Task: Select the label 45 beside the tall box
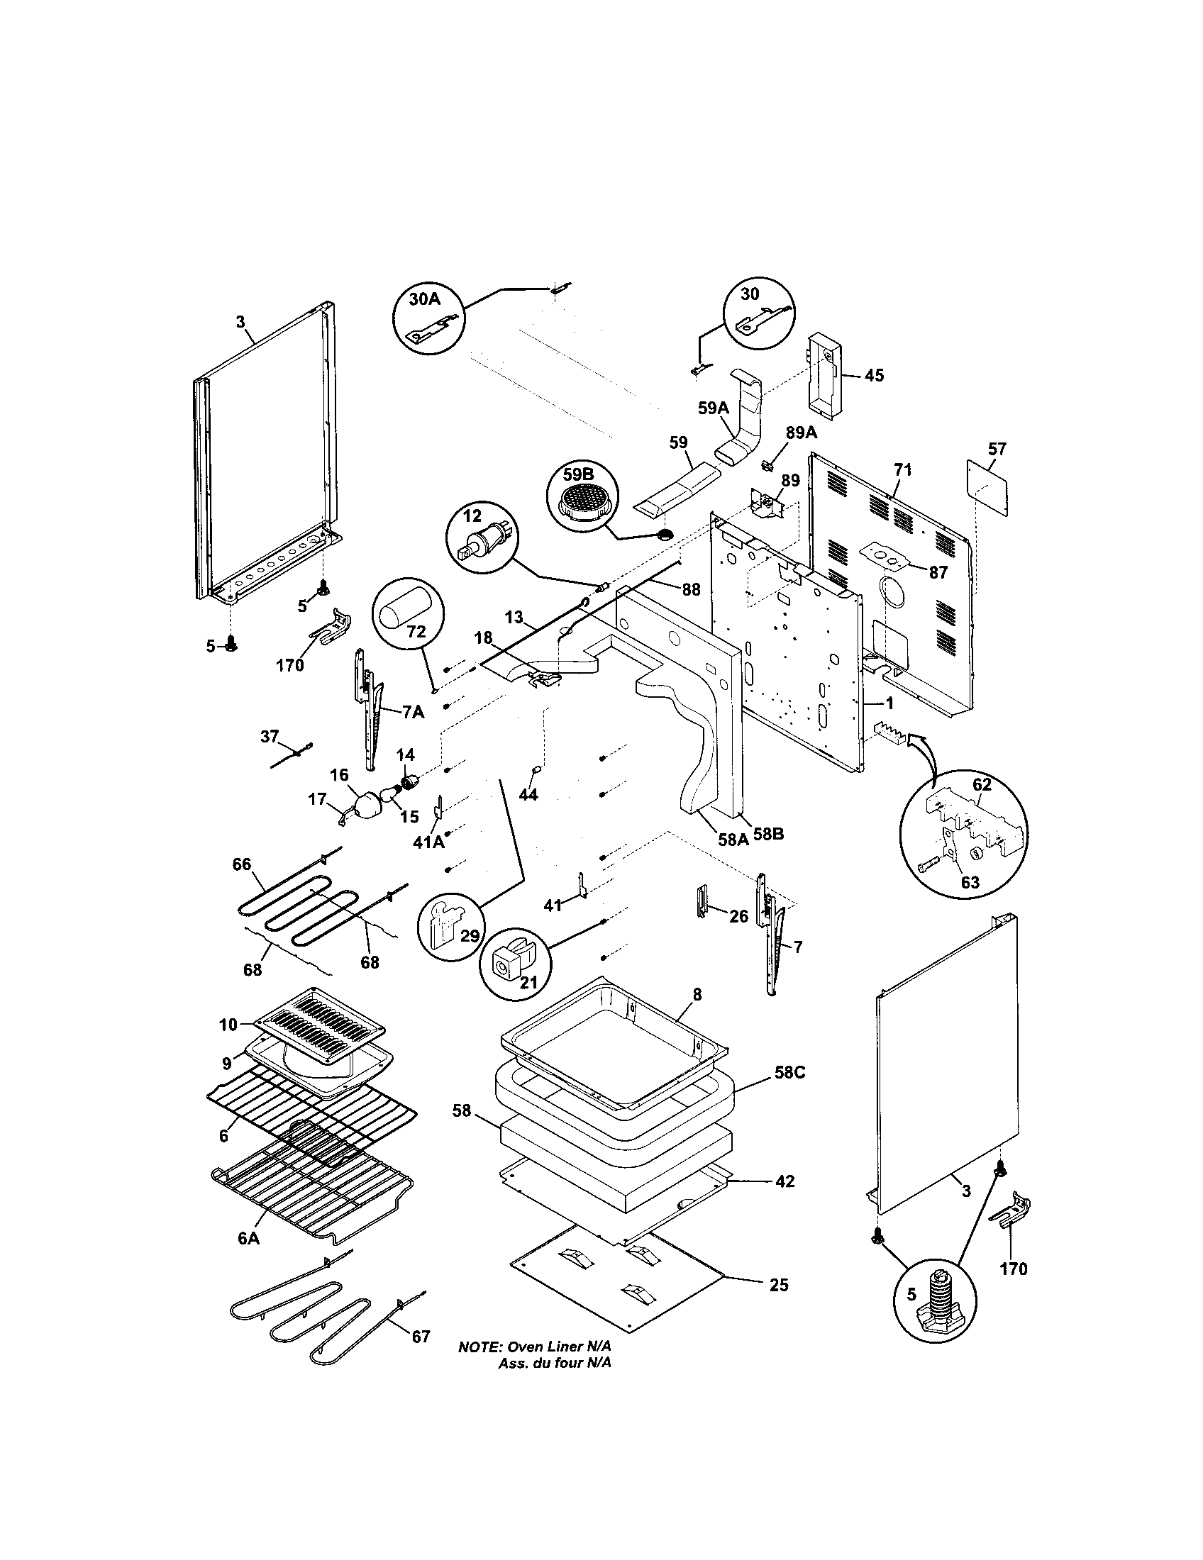tap(873, 375)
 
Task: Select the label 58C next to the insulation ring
tap(789, 1092)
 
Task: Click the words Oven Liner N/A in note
tap(559, 1366)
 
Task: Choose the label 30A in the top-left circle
tap(424, 299)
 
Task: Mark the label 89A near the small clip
tap(801, 433)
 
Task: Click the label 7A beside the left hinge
tap(412, 711)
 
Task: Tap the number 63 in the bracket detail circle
tap(970, 881)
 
